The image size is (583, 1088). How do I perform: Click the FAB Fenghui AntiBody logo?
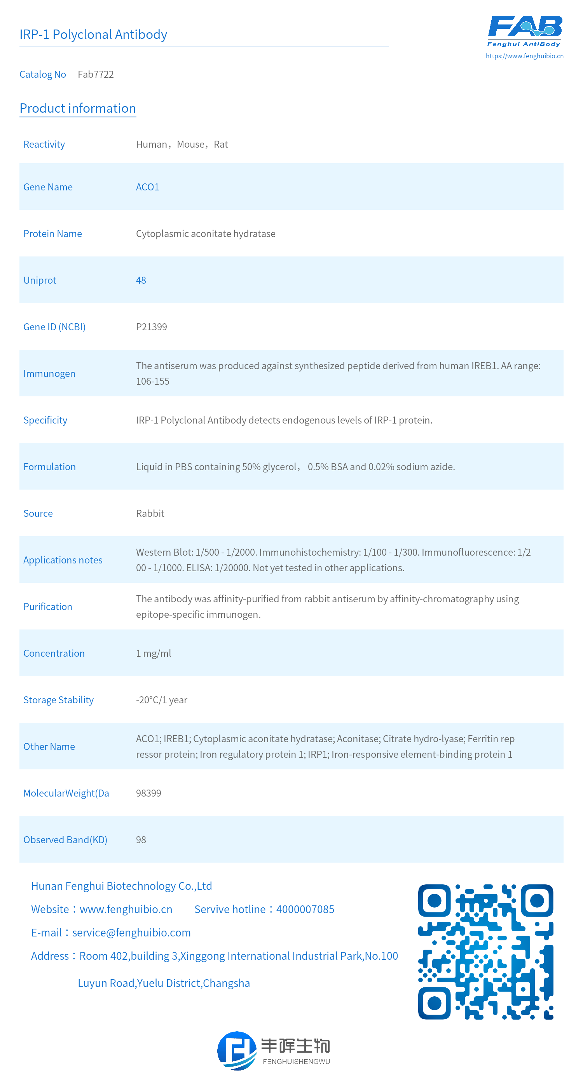525,30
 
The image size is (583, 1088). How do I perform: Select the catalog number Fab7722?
96,74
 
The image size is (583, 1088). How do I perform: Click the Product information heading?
78,108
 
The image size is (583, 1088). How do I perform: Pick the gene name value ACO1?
147,187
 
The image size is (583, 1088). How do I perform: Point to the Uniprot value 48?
141,281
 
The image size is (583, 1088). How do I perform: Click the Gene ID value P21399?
151,327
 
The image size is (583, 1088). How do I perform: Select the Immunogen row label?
49,374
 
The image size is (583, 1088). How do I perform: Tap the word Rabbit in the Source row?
150,514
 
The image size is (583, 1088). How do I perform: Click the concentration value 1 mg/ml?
154,654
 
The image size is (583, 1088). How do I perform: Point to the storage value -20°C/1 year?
161,700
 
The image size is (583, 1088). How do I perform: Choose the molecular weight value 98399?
148,793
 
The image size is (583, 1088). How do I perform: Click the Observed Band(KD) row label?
65,840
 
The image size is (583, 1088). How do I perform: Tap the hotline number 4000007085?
305,909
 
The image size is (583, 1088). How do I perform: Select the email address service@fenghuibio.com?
131,933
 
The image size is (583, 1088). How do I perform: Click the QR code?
485,952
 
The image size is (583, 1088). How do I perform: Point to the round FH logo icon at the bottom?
237,1050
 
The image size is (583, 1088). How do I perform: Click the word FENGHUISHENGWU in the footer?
296,1062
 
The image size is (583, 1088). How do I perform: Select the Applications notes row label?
63,560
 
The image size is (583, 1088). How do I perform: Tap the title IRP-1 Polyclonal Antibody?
93,34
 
